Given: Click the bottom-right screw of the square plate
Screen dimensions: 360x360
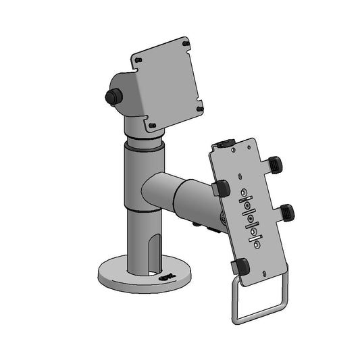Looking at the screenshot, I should point(200,105).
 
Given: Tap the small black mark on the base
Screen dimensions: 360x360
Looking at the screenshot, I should point(166,276).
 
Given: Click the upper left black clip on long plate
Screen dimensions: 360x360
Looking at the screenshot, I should point(221,189).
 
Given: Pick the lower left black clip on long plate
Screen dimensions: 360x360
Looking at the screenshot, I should point(239,267).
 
